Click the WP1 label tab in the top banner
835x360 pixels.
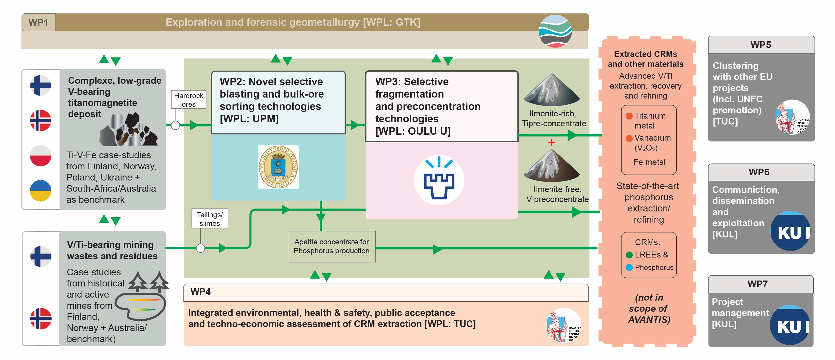(38, 22)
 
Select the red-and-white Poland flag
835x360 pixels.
(41, 156)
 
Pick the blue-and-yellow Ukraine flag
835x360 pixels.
(41, 191)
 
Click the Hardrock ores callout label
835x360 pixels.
(189, 100)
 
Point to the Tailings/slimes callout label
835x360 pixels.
(209, 219)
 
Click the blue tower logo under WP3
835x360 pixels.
(439, 180)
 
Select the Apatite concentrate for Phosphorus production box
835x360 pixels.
(331, 246)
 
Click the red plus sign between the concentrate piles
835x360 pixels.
(551, 142)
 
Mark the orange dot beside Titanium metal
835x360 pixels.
(629, 116)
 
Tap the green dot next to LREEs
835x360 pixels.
(629, 255)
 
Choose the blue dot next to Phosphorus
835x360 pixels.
(629, 268)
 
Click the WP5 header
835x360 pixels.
(761, 45)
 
